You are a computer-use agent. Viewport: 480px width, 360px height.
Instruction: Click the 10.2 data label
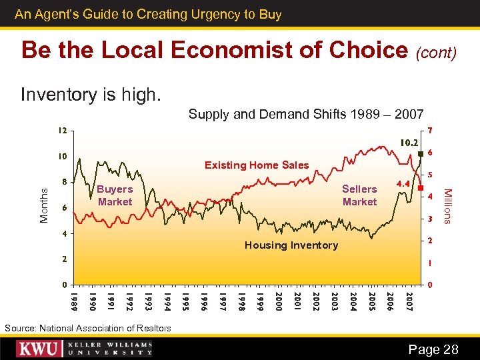409,142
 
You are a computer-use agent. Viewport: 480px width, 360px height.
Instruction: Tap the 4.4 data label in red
403,182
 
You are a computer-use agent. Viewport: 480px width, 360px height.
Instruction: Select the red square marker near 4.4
420,189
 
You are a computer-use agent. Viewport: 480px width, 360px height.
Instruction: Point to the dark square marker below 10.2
421,154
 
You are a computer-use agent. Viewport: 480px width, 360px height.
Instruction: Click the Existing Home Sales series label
257,165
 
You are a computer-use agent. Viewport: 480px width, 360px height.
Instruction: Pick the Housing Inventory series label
291,245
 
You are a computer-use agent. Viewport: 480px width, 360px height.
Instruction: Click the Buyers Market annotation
115,195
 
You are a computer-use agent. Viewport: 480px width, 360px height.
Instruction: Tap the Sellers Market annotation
359,195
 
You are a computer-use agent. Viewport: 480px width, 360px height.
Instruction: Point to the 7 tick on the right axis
431,129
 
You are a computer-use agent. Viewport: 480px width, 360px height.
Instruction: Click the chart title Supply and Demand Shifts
305,114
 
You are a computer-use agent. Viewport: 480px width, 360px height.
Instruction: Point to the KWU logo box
40,349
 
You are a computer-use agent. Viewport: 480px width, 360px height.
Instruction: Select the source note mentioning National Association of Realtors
87,328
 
